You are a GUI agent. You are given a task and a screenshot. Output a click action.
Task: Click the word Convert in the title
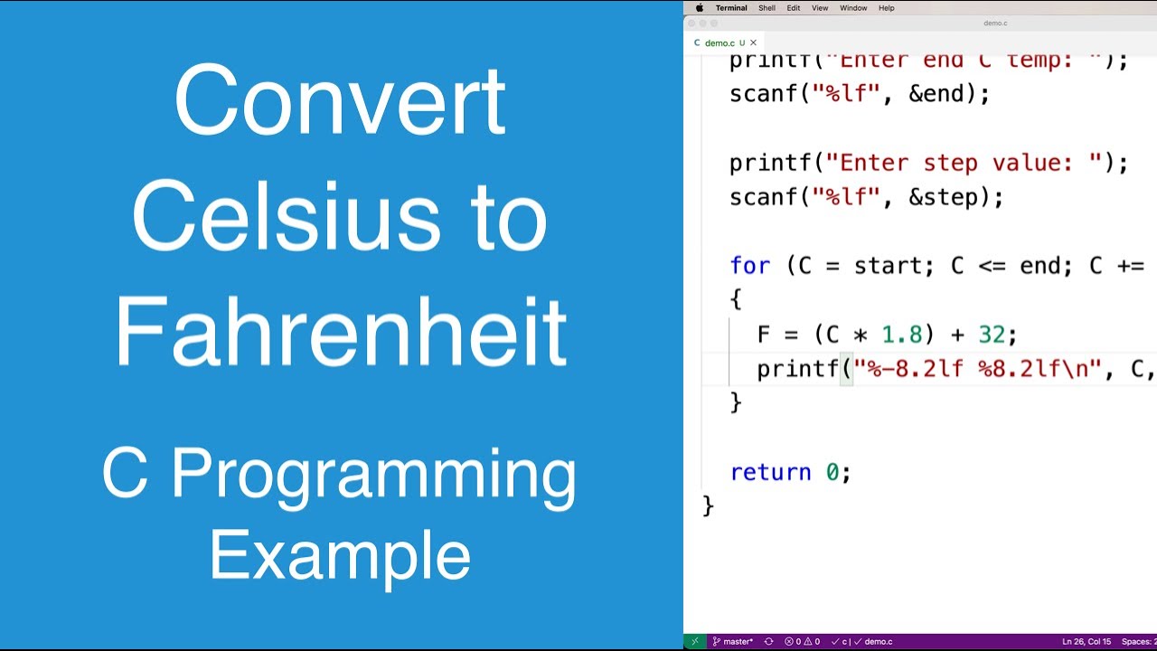339,101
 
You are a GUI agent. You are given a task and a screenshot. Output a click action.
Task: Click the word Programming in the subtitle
373,475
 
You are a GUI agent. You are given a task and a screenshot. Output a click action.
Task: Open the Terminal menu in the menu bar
731,8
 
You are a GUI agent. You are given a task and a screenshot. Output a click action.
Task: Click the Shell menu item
767,8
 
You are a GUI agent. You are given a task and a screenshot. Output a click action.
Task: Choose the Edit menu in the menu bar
793,8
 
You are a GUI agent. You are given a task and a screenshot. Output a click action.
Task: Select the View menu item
820,8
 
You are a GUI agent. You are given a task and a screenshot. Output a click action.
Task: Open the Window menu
853,8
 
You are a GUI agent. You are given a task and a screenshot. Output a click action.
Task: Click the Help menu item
887,8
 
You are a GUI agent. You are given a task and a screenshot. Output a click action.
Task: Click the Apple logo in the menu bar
699,8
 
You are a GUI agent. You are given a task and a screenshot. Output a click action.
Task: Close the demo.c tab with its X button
753,42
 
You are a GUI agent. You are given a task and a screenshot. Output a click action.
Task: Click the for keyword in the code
749,266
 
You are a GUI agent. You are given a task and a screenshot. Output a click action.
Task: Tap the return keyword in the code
770,472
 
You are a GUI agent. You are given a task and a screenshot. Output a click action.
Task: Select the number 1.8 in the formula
902,335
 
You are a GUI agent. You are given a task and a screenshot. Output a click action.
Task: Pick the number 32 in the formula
992,335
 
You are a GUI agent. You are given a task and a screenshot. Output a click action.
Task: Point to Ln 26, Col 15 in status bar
1086,642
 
